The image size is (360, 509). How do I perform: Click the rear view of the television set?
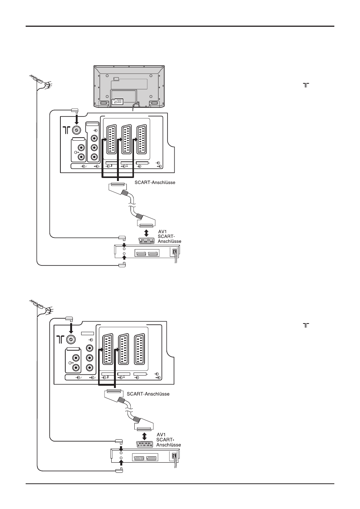(129, 86)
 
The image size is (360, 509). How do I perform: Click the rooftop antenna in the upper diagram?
(41, 82)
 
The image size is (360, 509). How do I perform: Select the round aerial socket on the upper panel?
(76, 130)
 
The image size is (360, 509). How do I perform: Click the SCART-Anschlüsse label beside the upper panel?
(155, 182)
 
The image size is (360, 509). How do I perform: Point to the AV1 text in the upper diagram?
(163, 232)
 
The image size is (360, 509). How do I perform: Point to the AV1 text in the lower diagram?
(161, 434)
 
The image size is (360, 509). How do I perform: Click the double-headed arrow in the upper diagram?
(146, 233)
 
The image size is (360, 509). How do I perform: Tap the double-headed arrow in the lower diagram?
(144, 436)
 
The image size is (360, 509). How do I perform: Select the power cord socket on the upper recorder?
(174, 252)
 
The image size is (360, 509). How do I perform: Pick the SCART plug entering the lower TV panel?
(114, 397)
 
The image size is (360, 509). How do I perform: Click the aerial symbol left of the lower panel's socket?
(60, 339)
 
